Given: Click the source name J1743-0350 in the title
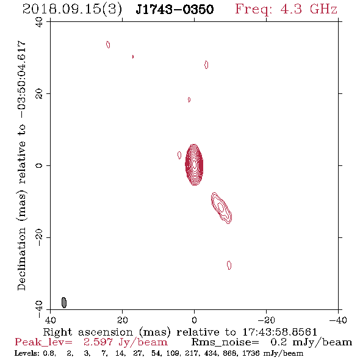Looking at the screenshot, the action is (x=175, y=9).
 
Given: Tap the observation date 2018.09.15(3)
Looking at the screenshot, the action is (x=72, y=10).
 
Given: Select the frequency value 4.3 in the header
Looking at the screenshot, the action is (x=291, y=9).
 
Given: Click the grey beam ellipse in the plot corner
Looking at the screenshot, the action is (x=64, y=303).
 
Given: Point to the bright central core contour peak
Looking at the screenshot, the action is (x=194, y=164).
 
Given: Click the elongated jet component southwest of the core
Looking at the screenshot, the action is (x=221, y=208).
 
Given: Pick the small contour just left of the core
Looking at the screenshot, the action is (x=179, y=155).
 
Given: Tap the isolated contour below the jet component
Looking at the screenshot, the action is (x=229, y=265).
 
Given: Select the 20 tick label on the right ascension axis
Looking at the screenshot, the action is (x=122, y=320).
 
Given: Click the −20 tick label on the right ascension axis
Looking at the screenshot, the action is (x=266, y=320).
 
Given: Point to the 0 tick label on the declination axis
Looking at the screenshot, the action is (x=39, y=165).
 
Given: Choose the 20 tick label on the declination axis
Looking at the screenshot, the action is (x=39, y=94).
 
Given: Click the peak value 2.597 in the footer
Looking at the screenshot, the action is (x=98, y=342).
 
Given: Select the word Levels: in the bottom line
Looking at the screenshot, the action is (x=24, y=353).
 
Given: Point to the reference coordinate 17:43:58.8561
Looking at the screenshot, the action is (x=280, y=332).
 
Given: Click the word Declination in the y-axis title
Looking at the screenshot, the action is (x=21, y=259).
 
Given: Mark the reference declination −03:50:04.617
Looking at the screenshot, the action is (x=21, y=79).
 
